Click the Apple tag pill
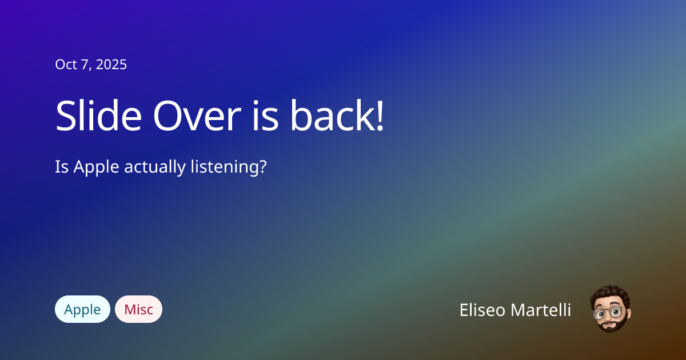pos(82,309)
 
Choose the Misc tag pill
pos(138,309)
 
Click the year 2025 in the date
pos(111,65)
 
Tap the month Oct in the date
pos(65,65)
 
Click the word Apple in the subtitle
pos(97,167)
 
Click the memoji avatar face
pos(609,311)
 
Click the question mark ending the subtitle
pos(263,167)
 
